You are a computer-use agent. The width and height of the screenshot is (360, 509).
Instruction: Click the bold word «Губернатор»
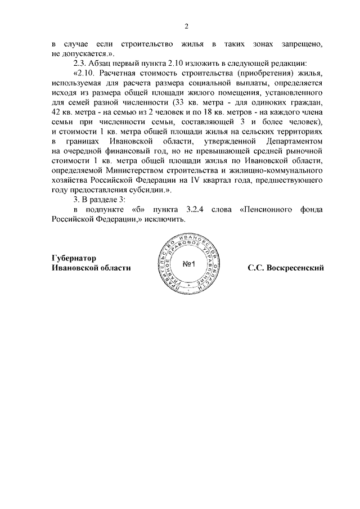(x=74, y=258)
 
